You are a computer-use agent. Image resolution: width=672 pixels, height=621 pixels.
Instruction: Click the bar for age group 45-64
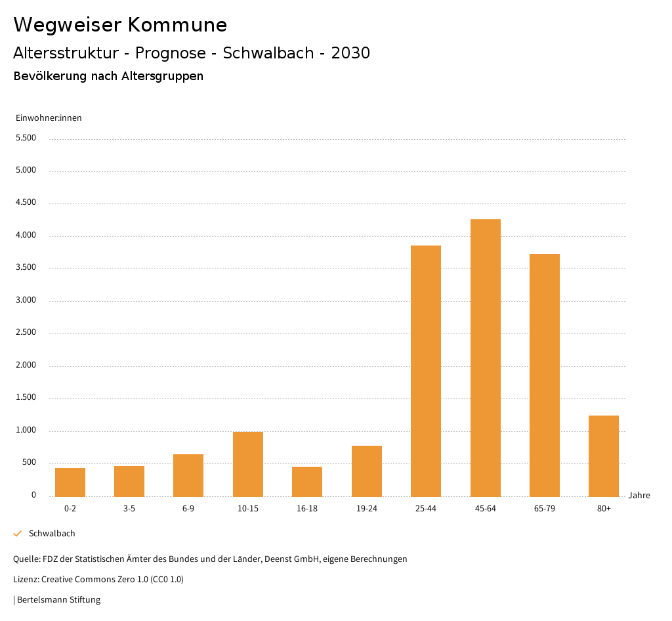pos(485,358)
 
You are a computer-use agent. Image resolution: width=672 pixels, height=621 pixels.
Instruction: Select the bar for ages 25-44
pos(426,371)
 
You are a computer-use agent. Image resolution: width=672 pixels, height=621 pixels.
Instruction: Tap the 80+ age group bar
pos(604,456)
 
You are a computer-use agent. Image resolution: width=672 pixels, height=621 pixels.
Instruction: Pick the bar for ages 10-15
pos(248,464)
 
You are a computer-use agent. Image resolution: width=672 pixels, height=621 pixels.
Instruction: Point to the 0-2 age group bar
pos(70,482)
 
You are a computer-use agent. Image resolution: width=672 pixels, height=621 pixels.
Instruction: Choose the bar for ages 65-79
pos(545,375)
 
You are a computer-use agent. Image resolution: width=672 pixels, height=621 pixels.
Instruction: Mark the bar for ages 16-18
pos(307,482)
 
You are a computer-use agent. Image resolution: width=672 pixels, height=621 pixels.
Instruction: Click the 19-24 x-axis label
pos(367,509)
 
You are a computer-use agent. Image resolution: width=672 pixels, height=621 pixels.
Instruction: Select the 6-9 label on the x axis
pos(188,509)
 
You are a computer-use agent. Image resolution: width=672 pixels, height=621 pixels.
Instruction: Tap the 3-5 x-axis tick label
pos(129,509)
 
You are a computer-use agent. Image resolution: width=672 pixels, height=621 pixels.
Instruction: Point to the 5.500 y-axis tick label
pos(26,138)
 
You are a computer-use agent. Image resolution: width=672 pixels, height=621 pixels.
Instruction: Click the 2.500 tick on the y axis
pos(26,332)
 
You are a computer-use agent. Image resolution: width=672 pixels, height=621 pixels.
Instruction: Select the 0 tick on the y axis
pos(33,495)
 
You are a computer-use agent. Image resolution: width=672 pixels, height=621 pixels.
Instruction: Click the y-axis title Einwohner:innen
pos(49,118)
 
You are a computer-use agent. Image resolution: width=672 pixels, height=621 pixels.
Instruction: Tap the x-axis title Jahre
pos(639,496)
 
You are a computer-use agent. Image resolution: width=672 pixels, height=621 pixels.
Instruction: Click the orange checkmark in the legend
pos(18,534)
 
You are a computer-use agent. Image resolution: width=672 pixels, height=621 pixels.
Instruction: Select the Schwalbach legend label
pos(52,534)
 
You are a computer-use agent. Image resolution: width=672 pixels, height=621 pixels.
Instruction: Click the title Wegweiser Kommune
pos(120,25)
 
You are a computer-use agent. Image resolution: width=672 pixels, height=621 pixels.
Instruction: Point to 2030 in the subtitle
pos(350,53)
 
